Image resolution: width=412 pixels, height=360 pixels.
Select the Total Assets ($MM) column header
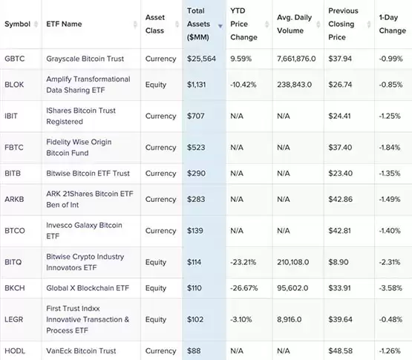pyautogui.click(x=200, y=24)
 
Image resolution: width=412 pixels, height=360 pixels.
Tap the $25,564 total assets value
pyautogui.click(x=201, y=59)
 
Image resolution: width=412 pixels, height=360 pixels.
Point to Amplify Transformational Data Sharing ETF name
pyautogui.click(x=88, y=85)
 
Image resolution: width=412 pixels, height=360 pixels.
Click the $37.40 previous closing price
pyautogui.click(x=341, y=148)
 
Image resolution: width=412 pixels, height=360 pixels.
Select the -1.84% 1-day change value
pyautogui.click(x=389, y=148)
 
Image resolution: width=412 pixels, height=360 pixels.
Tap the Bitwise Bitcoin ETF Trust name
pyautogui.click(x=88, y=173)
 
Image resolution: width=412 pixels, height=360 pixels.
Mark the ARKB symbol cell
pyautogui.click(x=16, y=199)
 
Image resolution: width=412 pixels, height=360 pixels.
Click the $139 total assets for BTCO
pyautogui.click(x=196, y=231)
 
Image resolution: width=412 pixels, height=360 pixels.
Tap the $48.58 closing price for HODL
pyautogui.click(x=341, y=350)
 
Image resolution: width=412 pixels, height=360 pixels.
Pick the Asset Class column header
pyautogui.click(x=155, y=24)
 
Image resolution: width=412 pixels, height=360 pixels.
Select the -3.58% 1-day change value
pyautogui.click(x=389, y=288)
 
